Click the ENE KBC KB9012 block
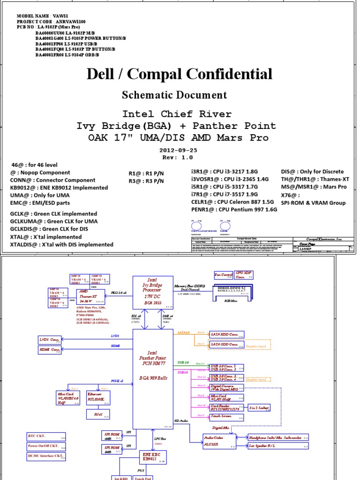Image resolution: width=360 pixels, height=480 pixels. point(153,456)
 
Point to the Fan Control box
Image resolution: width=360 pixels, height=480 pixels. point(224,275)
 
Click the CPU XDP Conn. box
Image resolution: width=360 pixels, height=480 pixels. point(244,275)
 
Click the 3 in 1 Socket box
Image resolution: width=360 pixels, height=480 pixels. point(259,408)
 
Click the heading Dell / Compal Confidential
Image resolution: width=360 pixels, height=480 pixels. point(180,74)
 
